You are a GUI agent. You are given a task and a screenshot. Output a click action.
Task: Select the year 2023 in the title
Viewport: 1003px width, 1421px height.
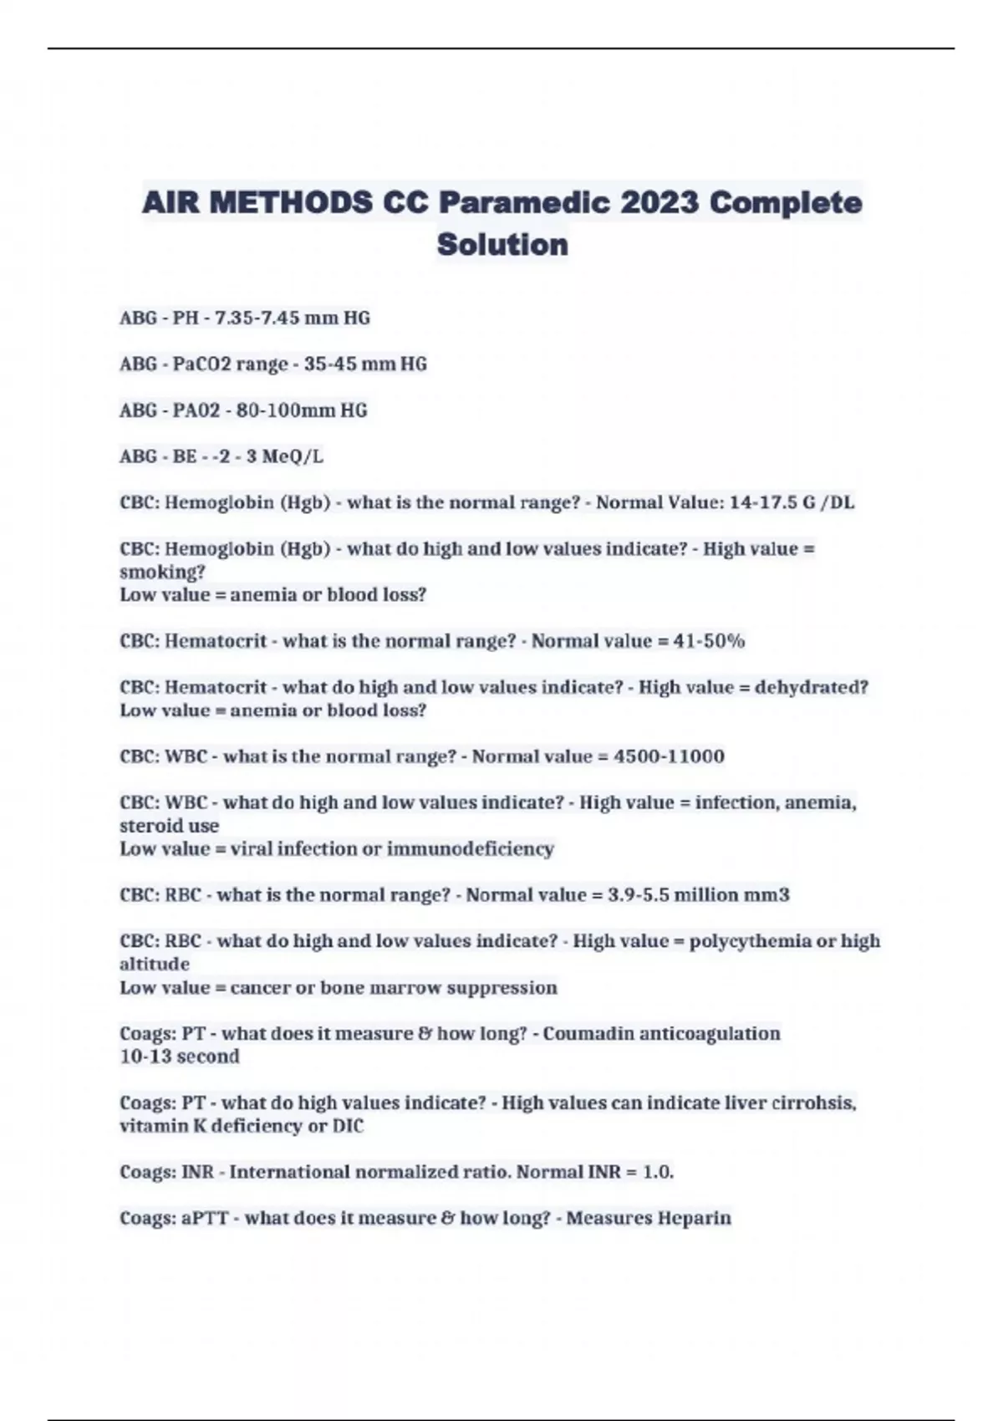pos(659,203)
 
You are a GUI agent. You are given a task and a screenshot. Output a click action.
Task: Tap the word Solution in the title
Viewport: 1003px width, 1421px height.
pos(502,245)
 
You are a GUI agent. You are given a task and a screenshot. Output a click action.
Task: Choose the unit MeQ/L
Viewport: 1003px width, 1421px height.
pos(293,456)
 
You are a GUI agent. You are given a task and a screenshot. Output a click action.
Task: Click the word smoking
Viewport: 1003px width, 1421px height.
pos(161,573)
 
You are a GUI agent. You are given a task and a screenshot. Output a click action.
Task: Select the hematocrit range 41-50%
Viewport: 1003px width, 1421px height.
pos(709,641)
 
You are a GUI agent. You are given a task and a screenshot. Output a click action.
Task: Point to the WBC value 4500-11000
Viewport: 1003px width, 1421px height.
pos(669,756)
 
